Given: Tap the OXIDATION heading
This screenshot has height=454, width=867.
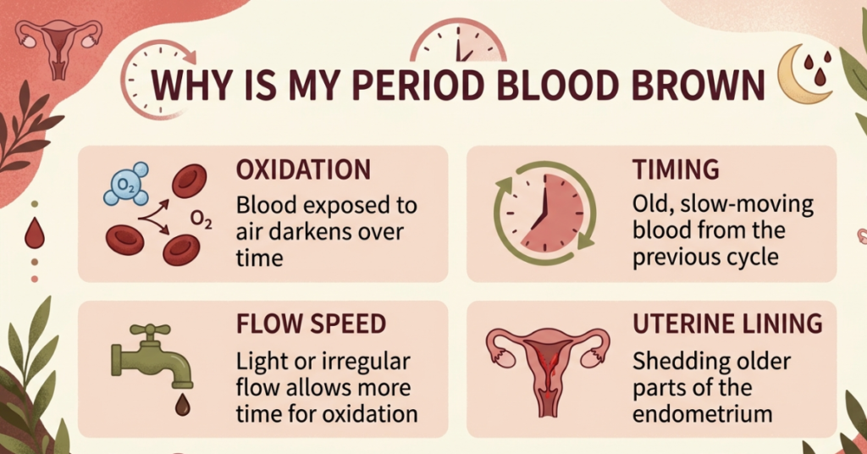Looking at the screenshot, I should [303, 169].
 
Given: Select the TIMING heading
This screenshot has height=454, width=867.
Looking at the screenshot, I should [676, 169].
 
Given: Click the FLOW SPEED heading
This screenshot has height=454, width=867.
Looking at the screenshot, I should [312, 324].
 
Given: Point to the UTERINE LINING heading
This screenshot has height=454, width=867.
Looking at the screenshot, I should [727, 324].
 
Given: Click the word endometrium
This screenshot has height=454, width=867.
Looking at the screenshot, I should [702, 414].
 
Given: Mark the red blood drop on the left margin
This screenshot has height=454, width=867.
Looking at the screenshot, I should [34, 235].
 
